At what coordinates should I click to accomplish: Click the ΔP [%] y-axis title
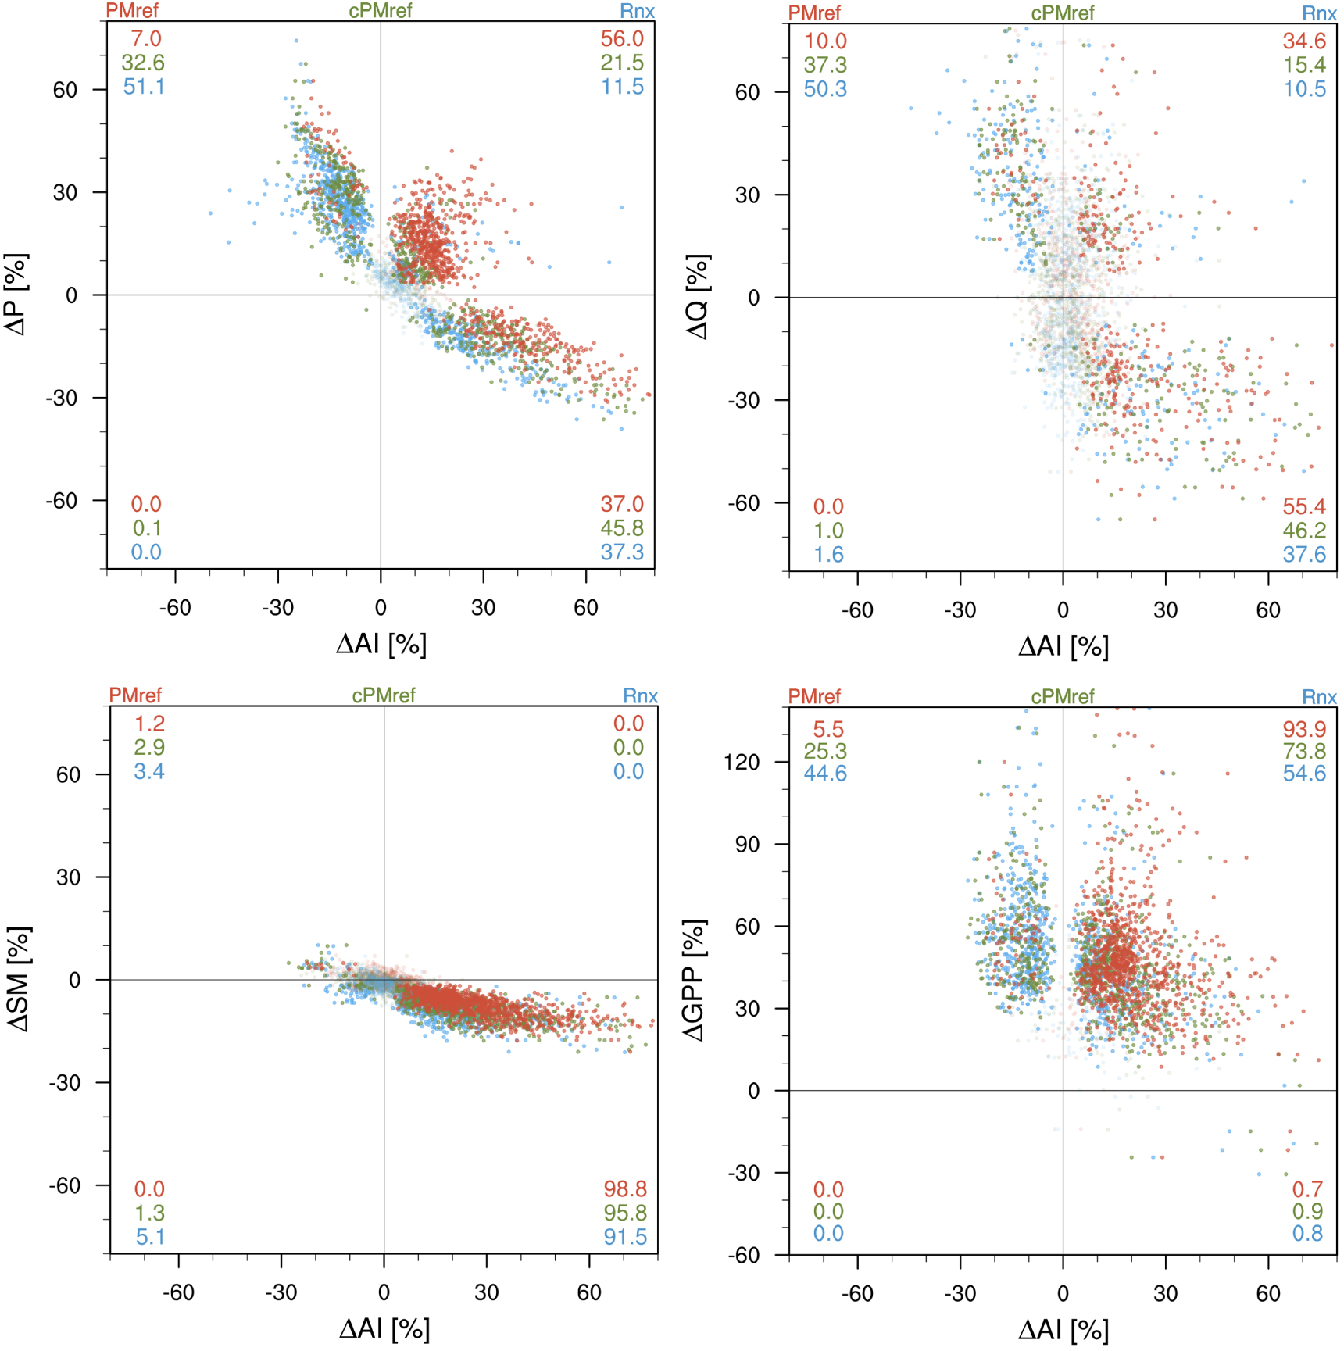pyautogui.click(x=16, y=295)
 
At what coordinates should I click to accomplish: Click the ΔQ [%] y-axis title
pyautogui.click(x=699, y=297)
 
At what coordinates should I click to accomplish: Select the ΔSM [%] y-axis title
pyautogui.click(x=20, y=979)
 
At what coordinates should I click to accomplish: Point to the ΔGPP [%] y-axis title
pyautogui.click(x=694, y=980)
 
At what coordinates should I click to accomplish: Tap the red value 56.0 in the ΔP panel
pyautogui.click(x=622, y=38)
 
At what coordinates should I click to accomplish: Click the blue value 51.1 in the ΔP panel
pyautogui.click(x=144, y=86)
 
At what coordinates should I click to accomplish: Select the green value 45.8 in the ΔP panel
pyautogui.click(x=622, y=528)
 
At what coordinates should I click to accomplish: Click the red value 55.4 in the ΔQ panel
pyautogui.click(x=1304, y=506)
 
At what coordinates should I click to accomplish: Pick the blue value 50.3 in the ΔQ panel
pyautogui.click(x=825, y=89)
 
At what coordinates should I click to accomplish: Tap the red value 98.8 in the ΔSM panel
pyautogui.click(x=625, y=1188)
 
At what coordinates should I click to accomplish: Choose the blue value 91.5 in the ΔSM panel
pyautogui.click(x=625, y=1237)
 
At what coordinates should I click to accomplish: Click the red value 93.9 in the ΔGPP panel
pyautogui.click(x=1304, y=729)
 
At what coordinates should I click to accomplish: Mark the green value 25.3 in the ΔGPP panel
pyautogui.click(x=825, y=751)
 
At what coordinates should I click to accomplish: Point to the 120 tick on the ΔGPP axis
pyautogui.click(x=742, y=762)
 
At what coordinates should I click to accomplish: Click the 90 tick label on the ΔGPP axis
pyautogui.click(x=747, y=844)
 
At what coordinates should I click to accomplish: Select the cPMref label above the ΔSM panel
pyautogui.click(x=384, y=695)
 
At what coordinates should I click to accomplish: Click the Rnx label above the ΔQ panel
pyautogui.click(x=1319, y=13)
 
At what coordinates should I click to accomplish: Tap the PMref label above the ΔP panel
pyautogui.click(x=132, y=11)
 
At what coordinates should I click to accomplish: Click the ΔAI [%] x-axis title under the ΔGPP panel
pyautogui.click(x=1063, y=1329)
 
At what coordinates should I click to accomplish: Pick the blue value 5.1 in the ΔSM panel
pyautogui.click(x=149, y=1237)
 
